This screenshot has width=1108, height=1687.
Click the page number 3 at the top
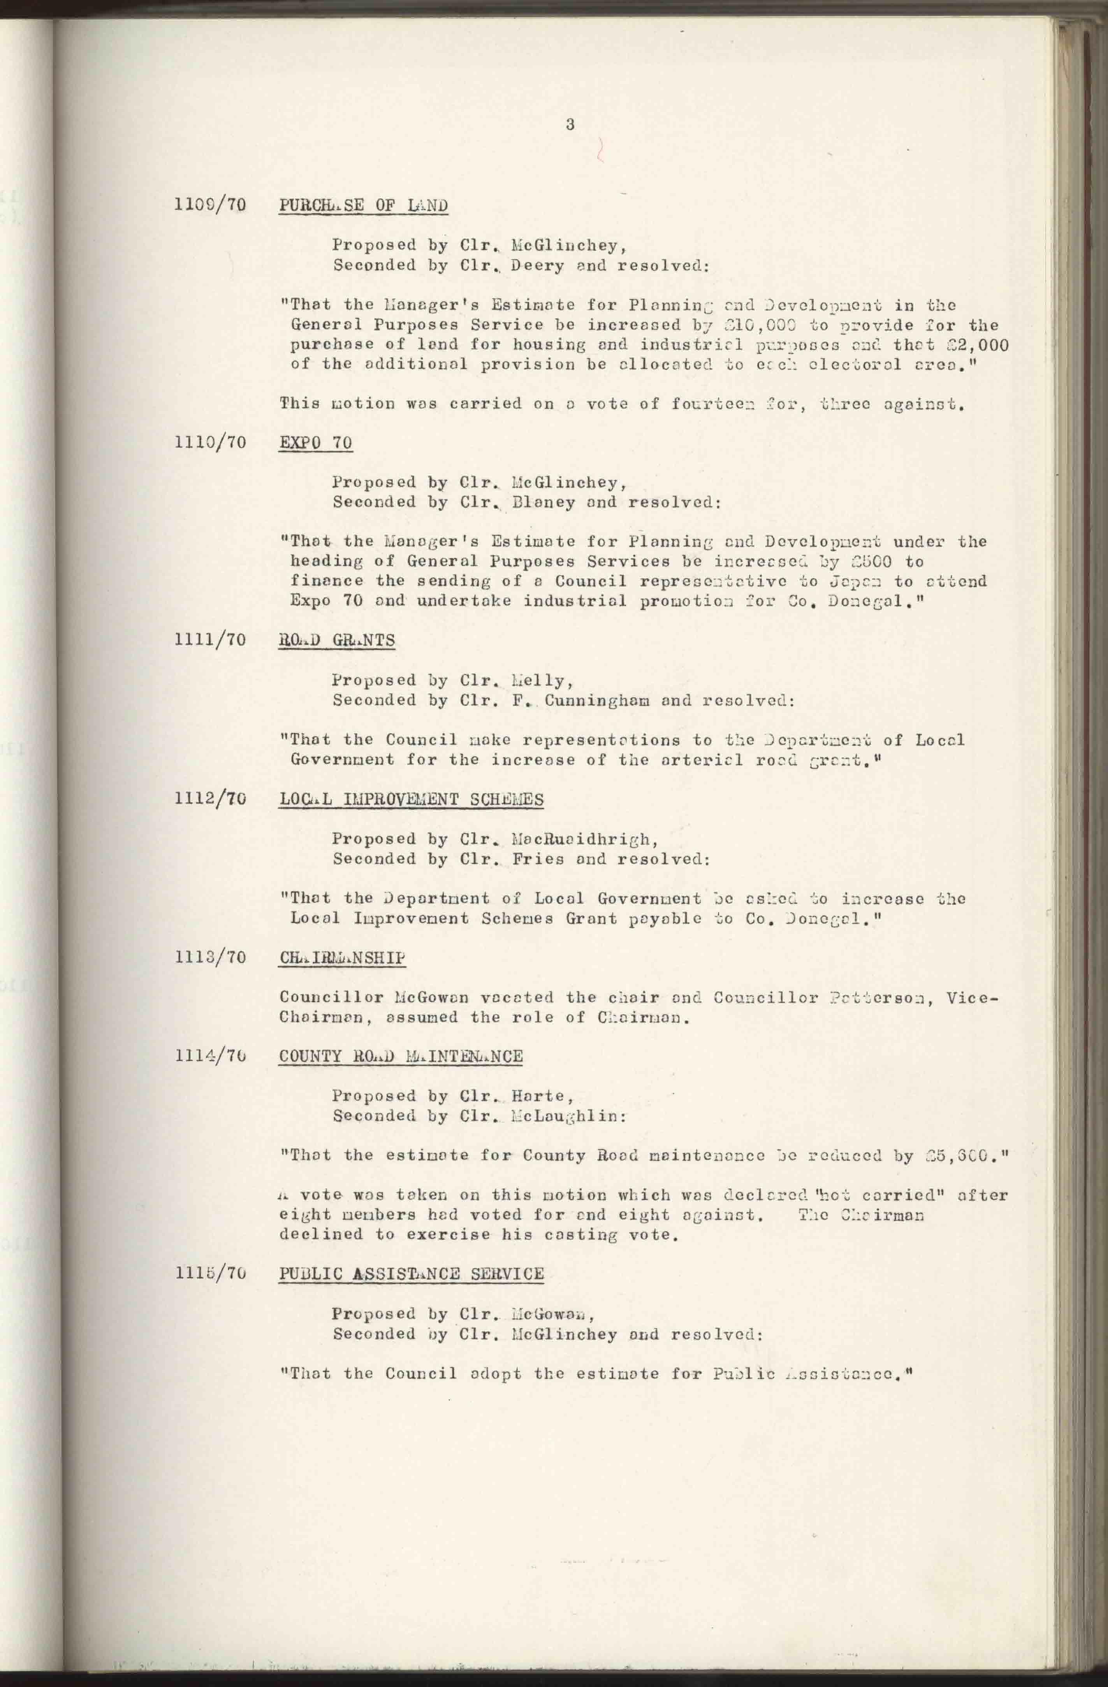570,125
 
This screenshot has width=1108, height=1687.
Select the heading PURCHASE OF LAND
364,205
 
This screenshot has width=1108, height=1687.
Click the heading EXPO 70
315,443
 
